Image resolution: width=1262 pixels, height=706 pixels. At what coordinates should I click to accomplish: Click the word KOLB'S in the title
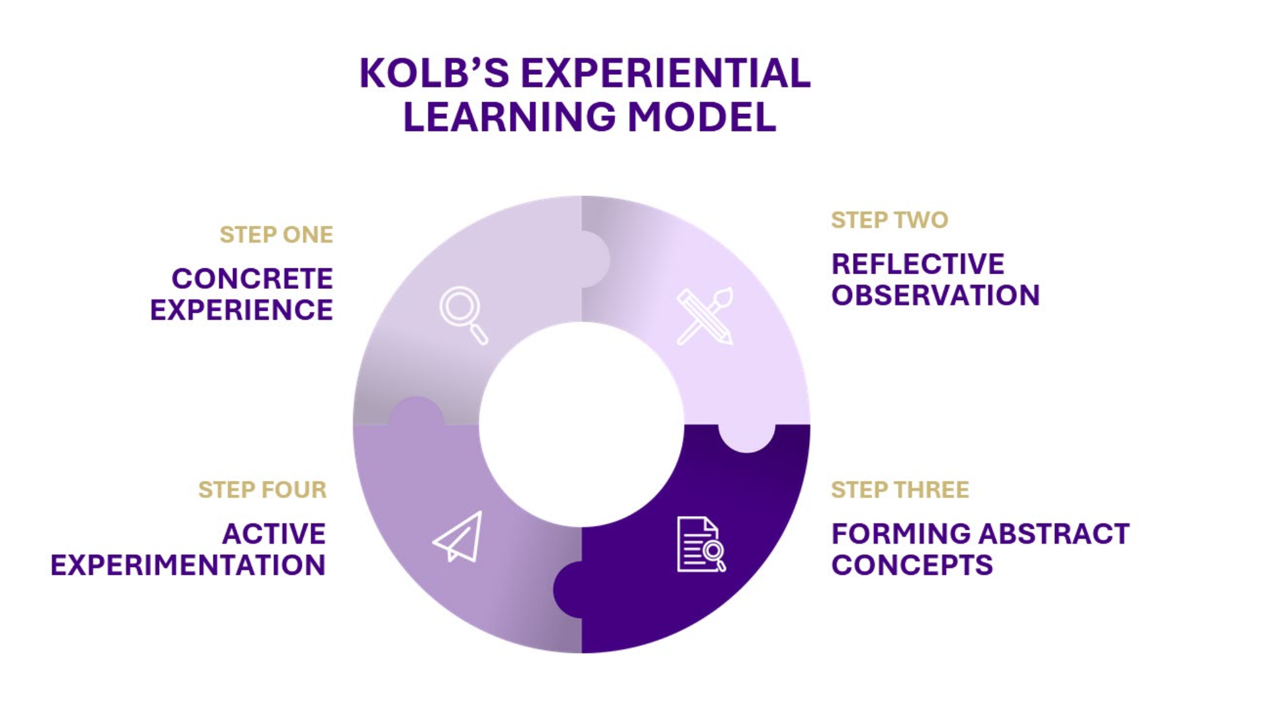coord(434,73)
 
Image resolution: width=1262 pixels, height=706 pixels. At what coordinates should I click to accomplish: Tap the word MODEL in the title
coord(702,117)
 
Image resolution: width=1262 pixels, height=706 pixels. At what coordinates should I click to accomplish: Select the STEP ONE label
coord(276,234)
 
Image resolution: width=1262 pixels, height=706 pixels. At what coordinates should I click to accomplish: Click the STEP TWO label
coord(889,220)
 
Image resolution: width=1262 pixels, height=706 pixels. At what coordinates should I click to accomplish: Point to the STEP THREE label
coord(900,489)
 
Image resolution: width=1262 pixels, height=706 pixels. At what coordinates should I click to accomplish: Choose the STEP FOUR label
coord(262,489)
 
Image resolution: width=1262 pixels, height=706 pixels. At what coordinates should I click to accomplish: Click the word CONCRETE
coord(252,279)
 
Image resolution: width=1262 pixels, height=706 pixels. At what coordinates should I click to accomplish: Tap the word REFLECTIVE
coord(918,264)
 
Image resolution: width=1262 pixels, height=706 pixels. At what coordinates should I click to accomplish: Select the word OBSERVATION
coord(936,295)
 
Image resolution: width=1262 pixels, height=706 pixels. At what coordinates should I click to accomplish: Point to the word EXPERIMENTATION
coord(188,566)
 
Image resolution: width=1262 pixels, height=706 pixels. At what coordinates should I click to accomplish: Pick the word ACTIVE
coord(274,534)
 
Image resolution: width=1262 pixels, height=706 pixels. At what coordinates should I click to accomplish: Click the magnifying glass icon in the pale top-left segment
coord(463,315)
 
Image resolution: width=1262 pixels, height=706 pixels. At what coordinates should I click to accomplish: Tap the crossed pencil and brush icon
coord(705,316)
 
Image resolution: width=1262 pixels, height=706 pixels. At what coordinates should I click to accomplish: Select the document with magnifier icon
coord(701,544)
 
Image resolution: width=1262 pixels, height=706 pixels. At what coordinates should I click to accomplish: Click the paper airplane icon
coord(458,536)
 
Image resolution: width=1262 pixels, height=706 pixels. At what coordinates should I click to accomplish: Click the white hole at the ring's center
coord(581,425)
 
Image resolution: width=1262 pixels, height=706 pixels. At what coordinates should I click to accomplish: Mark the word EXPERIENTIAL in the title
coord(665,73)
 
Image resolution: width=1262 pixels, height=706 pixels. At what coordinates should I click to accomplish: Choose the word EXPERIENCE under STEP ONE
coord(242,310)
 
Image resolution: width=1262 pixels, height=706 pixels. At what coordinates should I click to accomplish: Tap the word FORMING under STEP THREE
coord(900,534)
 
